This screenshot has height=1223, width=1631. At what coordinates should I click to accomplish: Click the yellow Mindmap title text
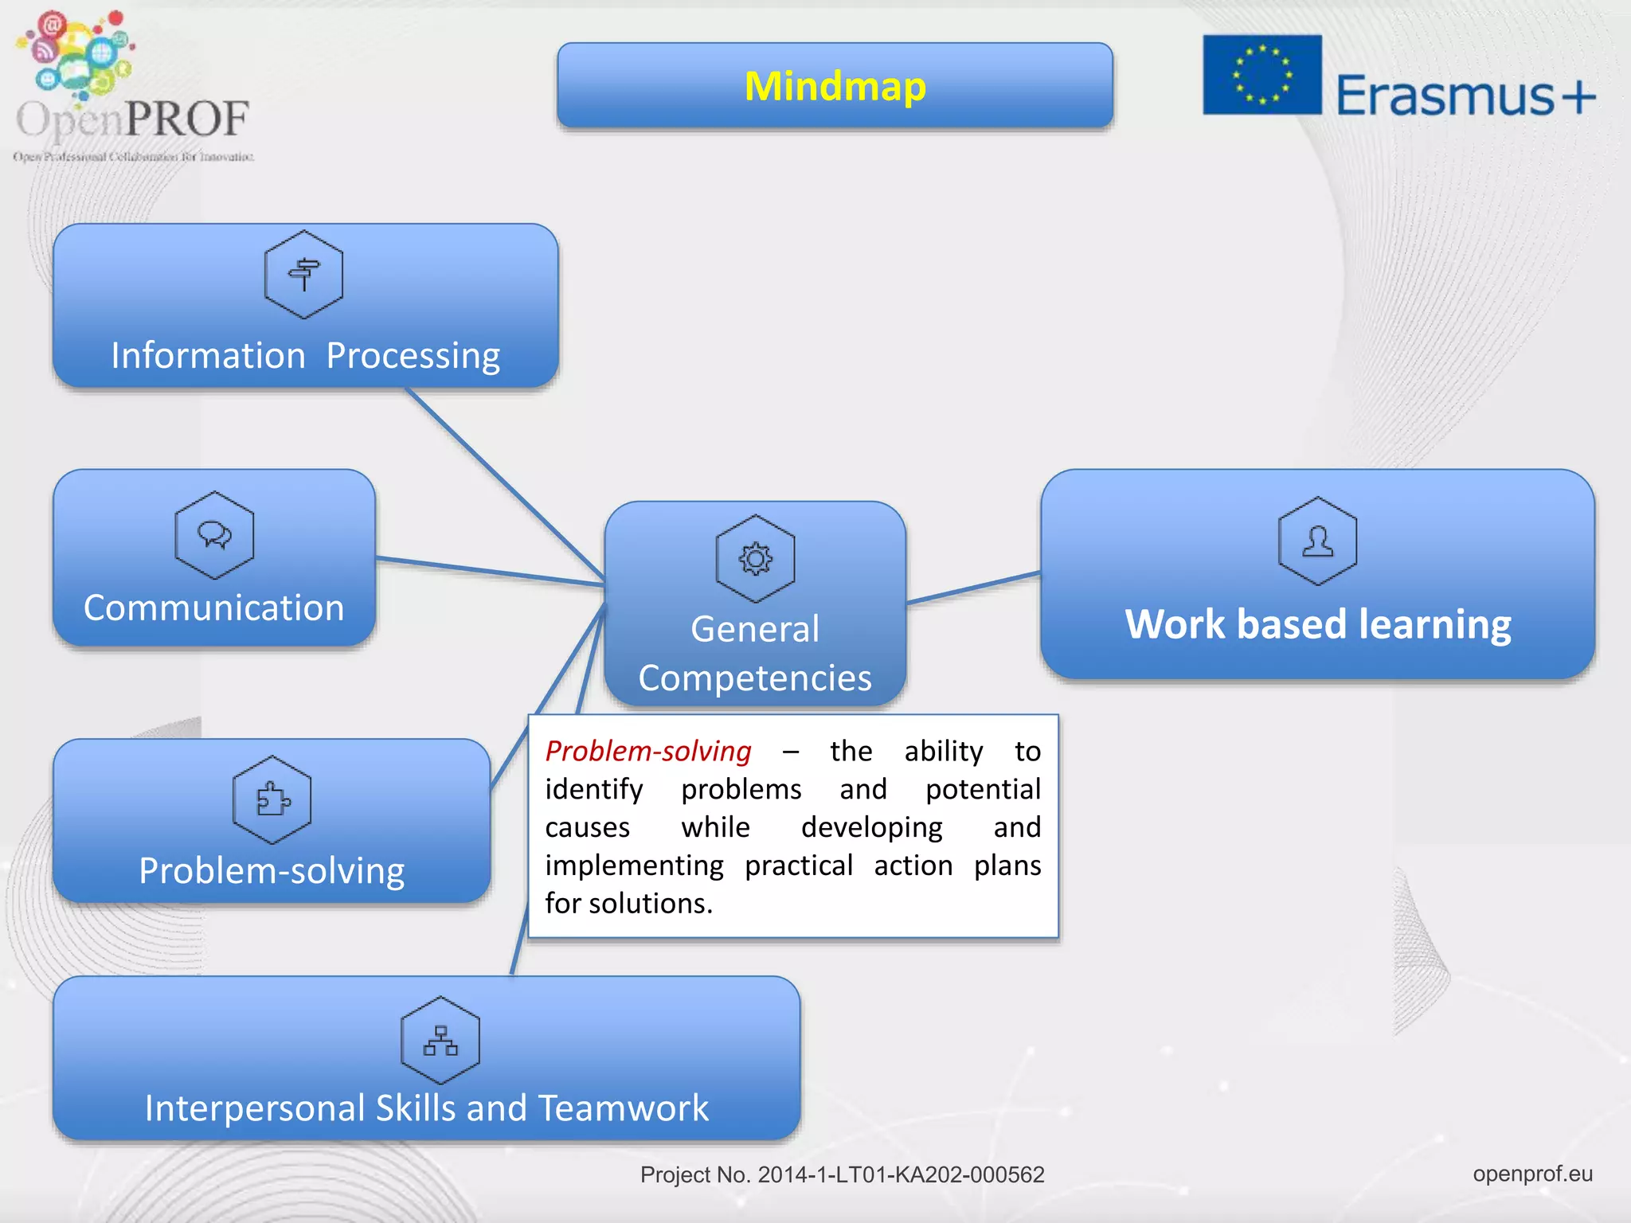tap(835, 86)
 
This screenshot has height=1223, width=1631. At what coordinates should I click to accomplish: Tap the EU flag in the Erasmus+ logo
tap(1261, 75)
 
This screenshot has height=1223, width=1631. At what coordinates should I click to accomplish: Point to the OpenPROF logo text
tap(133, 119)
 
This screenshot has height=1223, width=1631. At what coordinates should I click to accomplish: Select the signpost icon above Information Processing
tap(303, 275)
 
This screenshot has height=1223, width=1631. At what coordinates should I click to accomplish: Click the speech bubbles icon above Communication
tap(214, 535)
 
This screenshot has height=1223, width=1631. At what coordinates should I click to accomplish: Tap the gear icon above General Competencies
tap(755, 559)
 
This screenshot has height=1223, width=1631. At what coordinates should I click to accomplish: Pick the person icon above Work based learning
tap(1317, 541)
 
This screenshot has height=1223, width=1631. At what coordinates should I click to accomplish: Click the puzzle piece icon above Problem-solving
tap(272, 799)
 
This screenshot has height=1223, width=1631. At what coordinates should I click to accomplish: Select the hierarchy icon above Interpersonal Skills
tap(440, 1041)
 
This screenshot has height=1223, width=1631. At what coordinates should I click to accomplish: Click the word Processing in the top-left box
tap(413, 355)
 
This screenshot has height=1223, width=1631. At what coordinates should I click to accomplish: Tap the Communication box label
tap(213, 608)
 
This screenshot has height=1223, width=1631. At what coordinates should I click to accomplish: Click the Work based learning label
tap(1317, 624)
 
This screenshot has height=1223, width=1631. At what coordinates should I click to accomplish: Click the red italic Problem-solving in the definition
tap(647, 751)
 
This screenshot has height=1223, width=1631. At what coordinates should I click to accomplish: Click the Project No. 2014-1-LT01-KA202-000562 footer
tap(842, 1174)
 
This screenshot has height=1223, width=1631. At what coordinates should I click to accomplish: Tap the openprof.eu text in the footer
tap(1532, 1174)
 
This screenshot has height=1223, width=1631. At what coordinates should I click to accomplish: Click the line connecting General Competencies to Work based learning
tap(973, 588)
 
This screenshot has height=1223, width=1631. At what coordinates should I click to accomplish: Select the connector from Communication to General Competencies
tap(490, 572)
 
